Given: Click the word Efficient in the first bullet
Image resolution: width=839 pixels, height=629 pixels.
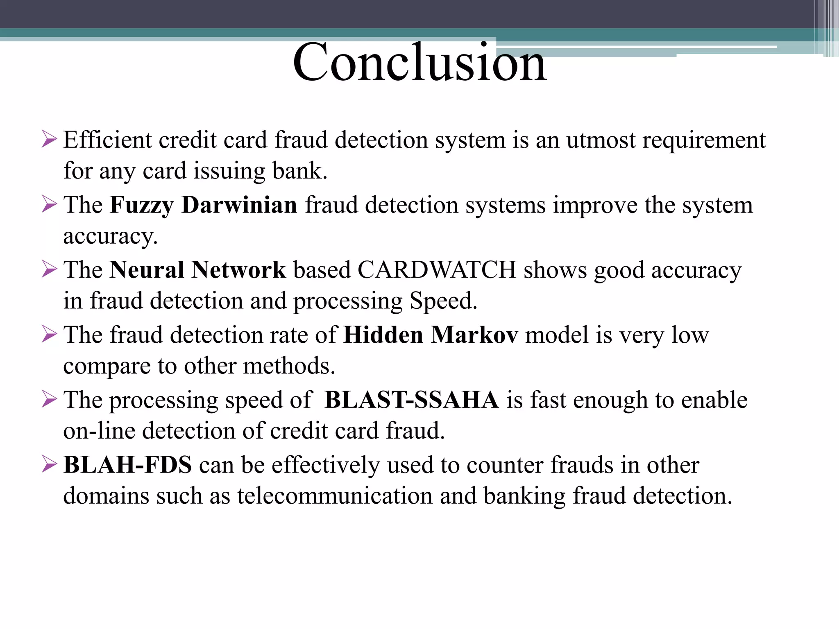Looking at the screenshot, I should (107, 140).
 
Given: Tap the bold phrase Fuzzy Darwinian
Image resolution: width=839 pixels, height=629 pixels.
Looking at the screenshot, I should (203, 205).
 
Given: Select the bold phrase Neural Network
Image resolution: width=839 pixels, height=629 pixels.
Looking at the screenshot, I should (197, 270).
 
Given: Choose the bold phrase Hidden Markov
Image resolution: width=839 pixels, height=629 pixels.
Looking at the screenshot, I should (431, 335).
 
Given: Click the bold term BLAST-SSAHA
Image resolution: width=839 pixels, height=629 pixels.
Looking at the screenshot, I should (411, 400).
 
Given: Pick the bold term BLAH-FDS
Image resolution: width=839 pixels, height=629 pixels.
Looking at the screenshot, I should (127, 465).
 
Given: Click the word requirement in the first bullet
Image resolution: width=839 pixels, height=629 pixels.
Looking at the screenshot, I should (703, 140).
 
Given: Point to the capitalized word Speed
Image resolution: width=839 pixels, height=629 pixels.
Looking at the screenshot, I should (443, 301).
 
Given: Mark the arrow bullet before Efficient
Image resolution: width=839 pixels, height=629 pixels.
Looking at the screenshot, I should (49, 140).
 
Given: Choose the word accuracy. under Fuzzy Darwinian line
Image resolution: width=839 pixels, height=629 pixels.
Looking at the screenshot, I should (110, 236).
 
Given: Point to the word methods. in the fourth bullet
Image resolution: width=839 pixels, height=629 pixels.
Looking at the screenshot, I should (289, 366).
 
